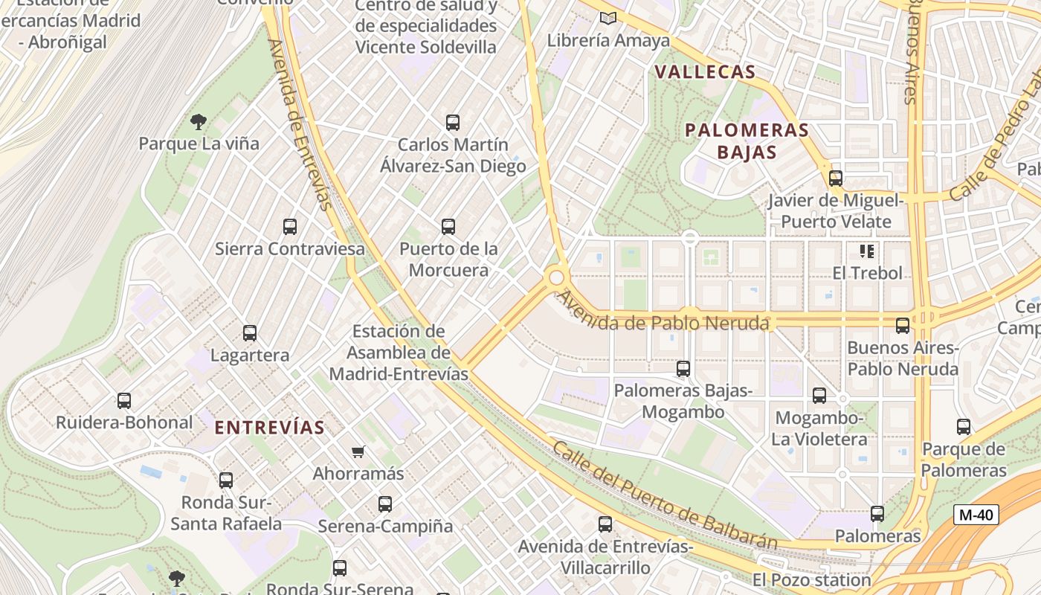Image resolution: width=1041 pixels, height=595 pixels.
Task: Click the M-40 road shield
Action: coord(976,514)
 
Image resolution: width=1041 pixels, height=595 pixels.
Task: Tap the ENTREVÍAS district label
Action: coord(269,428)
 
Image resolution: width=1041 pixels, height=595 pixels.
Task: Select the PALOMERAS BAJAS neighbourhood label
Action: coord(747,141)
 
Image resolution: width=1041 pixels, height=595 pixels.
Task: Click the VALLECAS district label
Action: coord(706,72)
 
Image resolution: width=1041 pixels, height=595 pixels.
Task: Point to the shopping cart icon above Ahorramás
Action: coord(358,451)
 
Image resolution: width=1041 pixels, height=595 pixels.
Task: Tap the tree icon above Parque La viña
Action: coord(198,120)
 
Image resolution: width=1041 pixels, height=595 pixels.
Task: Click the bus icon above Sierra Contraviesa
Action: coord(290,226)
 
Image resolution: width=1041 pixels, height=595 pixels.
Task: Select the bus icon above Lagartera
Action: coord(250,333)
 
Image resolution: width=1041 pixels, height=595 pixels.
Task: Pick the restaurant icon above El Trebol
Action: coord(866,251)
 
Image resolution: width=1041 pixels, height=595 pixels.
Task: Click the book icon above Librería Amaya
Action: coord(608,18)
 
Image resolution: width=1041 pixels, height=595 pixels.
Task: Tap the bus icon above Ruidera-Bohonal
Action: coord(124,401)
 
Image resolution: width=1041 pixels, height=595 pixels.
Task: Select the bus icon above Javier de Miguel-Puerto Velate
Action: coord(836,178)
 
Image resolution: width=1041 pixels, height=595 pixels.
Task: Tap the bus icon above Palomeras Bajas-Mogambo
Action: coord(683,368)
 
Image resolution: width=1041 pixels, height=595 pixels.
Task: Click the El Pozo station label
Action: coord(811,579)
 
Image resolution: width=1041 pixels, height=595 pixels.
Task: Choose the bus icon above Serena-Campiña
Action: coord(385,504)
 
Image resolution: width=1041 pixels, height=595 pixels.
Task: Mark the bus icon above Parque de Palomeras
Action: coord(964,427)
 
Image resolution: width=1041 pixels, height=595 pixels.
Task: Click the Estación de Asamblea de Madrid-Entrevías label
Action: coord(399,352)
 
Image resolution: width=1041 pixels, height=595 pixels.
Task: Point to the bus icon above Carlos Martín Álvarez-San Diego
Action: coord(453,123)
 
